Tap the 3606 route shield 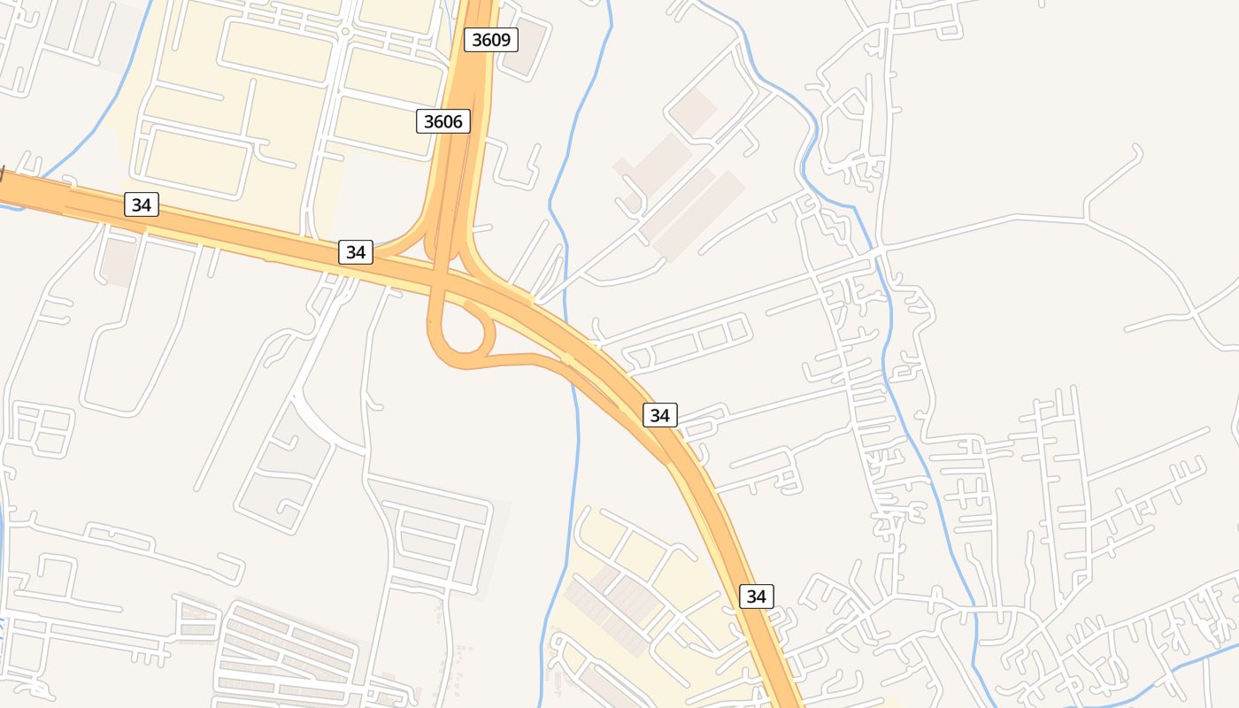point(442,121)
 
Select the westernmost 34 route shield point(141,205)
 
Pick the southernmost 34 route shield point(756,596)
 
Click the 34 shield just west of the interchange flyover point(355,252)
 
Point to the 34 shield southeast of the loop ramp point(659,414)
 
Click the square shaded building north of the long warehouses point(693,110)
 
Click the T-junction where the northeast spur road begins point(1086,218)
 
